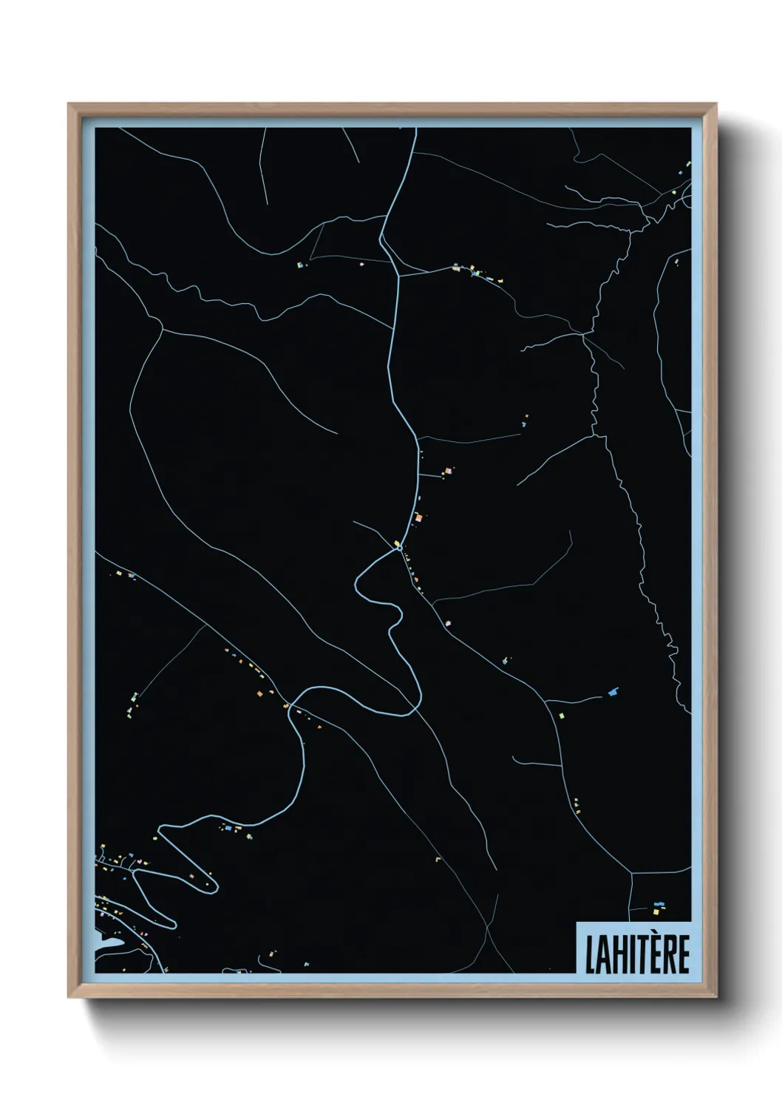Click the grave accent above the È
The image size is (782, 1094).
click(653, 936)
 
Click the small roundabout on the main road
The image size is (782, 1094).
click(399, 548)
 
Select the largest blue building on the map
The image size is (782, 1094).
click(612, 692)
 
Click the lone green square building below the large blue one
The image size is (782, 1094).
click(561, 716)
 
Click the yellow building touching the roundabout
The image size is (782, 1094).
click(397, 543)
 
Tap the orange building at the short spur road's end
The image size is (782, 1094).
click(418, 517)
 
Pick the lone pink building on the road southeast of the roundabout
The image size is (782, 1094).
click(447, 624)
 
